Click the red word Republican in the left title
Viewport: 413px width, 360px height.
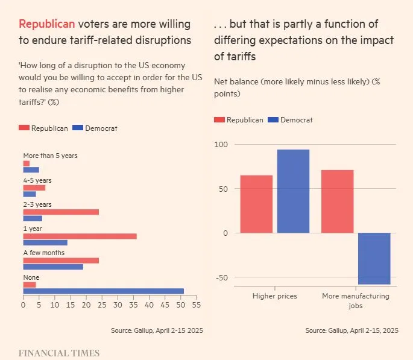[x=47, y=24]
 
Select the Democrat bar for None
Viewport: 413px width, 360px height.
[x=103, y=291]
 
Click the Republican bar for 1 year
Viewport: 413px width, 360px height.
[x=80, y=236]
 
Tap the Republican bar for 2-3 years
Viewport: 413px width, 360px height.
[x=61, y=212]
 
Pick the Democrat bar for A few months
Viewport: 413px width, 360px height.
[x=53, y=267]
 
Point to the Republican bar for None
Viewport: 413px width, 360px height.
[x=30, y=285]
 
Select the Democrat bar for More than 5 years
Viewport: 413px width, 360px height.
[x=31, y=170]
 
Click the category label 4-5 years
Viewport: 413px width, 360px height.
[x=37, y=180]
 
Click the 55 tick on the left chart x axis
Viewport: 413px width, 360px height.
[x=196, y=305]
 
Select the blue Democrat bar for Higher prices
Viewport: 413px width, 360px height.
[x=293, y=191]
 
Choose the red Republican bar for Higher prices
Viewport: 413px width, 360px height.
[x=256, y=204]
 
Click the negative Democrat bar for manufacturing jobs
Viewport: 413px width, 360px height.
[x=374, y=259]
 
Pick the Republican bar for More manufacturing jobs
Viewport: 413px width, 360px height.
[x=337, y=201]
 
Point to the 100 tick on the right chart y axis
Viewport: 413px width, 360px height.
[x=223, y=145]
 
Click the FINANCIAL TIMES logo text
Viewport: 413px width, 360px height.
[x=58, y=353]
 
